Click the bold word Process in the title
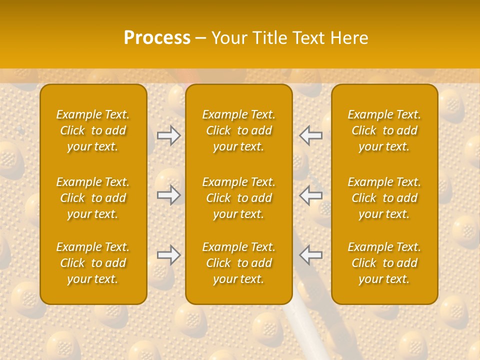click(157, 38)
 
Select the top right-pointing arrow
click(168, 135)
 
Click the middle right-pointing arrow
click(168, 195)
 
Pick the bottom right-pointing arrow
click(168, 255)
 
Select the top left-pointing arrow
click(310, 135)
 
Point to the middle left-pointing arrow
click(310, 195)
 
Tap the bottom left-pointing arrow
click(310, 255)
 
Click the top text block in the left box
click(93, 130)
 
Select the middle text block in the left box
click(93, 198)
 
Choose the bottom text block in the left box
click(93, 263)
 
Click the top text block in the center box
click(238, 130)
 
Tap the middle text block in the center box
click(238, 198)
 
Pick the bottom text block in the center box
click(238, 263)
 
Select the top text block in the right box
click(384, 130)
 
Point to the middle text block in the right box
click(384, 198)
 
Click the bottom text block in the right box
click(384, 263)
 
